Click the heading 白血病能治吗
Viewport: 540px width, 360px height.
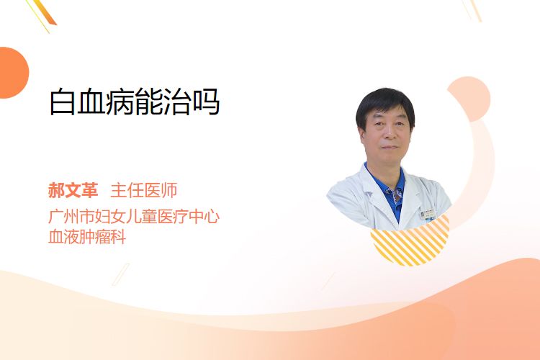[x=135, y=102]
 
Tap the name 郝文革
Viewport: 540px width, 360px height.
[x=73, y=191]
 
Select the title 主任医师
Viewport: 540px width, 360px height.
[x=144, y=191]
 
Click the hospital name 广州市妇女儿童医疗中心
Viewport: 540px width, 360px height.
[x=134, y=216]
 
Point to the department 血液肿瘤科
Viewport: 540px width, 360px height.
[x=87, y=237]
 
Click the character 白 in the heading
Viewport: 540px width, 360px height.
[x=63, y=102]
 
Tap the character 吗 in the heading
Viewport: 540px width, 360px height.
[x=207, y=102]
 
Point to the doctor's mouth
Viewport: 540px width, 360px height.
[x=390, y=147]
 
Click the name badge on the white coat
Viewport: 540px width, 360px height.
[x=428, y=214]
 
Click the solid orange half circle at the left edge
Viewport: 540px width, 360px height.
[x=13, y=73]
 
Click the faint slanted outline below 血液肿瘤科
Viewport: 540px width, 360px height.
[x=121, y=274]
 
